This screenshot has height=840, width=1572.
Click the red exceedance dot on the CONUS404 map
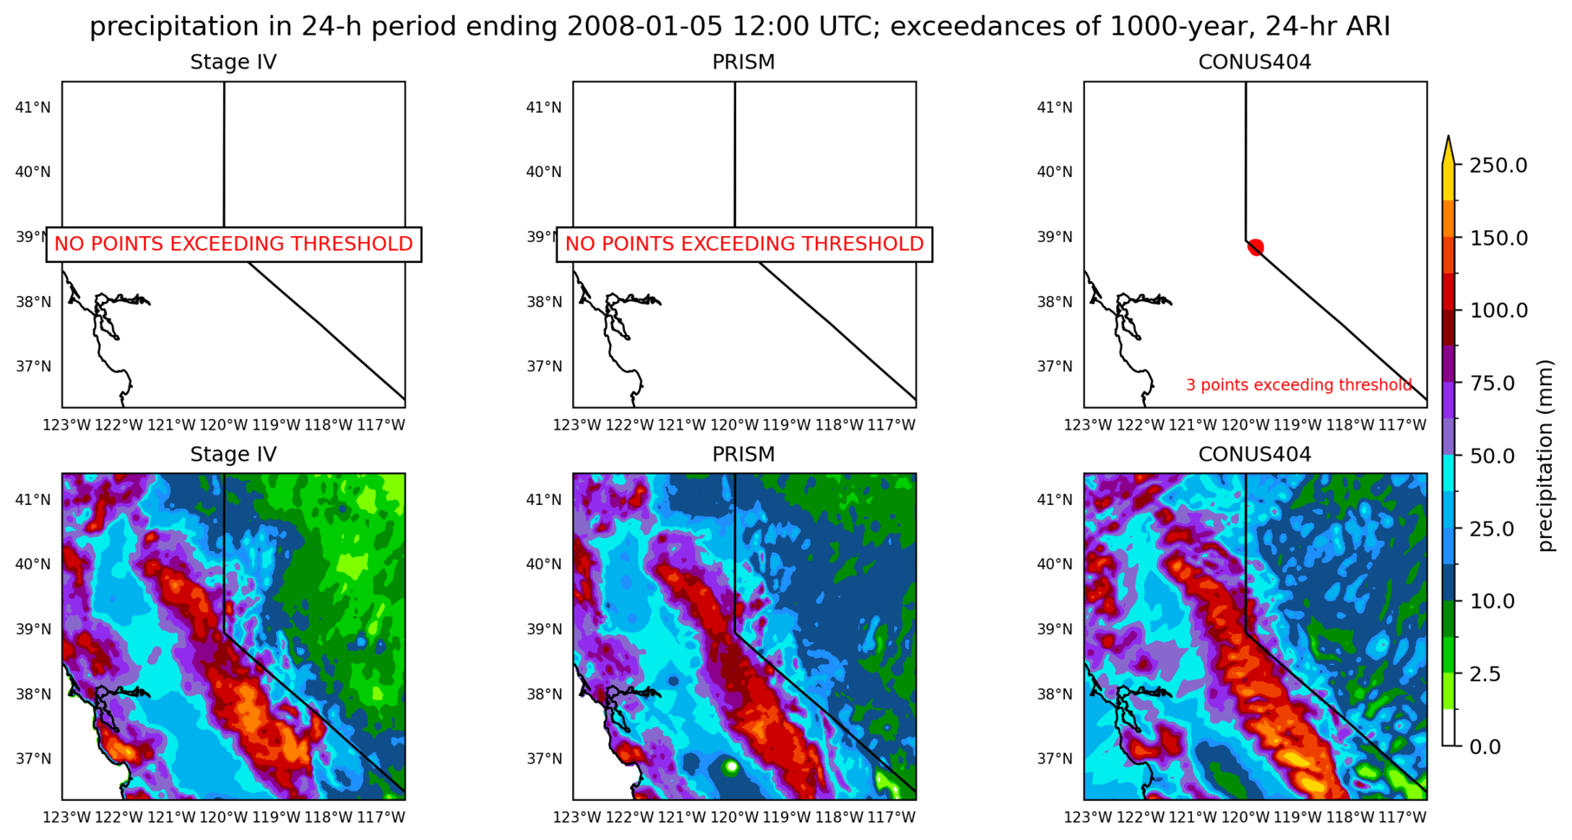click(1255, 247)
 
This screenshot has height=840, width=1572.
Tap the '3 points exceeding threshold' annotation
click(1299, 384)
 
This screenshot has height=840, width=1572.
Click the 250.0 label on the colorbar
click(1498, 165)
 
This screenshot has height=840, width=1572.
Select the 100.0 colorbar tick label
click(1498, 310)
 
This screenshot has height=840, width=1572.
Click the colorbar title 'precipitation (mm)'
click(1545, 456)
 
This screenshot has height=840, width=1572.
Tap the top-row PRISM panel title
click(743, 62)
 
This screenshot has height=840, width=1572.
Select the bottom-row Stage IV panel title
click(233, 455)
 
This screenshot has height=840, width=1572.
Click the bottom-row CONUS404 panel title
click(1254, 455)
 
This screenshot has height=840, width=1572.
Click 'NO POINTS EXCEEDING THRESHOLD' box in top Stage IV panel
click(233, 244)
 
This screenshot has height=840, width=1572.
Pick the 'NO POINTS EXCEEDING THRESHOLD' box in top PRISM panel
click(744, 244)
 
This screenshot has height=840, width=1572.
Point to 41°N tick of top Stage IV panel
click(33, 108)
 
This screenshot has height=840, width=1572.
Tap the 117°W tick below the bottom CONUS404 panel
click(1403, 817)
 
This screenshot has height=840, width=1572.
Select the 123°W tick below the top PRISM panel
click(577, 425)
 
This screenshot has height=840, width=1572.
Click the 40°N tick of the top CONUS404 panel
click(1055, 172)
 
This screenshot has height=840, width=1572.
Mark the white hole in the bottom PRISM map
click(731, 767)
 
